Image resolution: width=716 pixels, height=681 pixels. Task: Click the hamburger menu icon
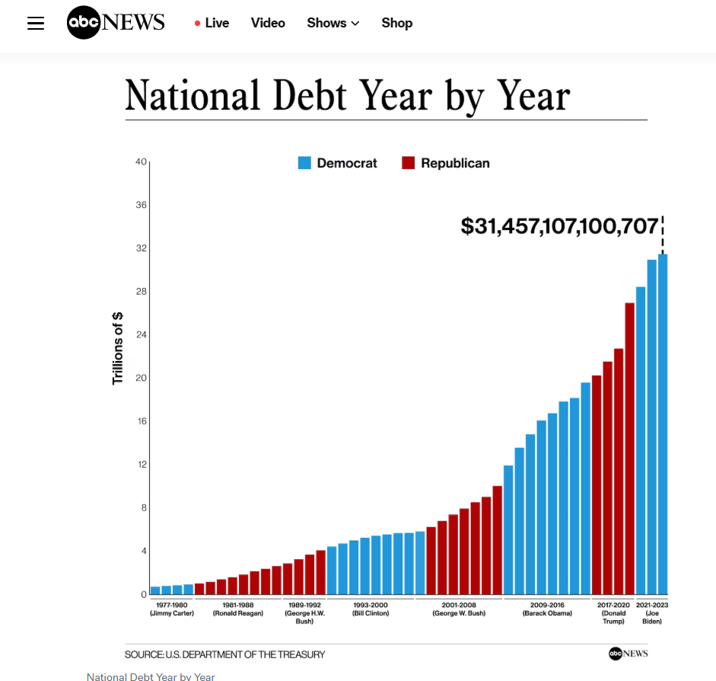click(36, 23)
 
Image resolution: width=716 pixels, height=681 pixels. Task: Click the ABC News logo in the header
click(116, 23)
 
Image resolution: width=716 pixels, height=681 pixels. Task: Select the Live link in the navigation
click(212, 23)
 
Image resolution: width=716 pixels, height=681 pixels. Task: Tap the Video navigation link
click(268, 23)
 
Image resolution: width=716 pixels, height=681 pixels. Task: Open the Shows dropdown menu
click(333, 23)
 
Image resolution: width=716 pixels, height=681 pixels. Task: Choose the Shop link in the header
click(396, 23)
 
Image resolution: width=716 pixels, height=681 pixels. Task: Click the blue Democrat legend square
click(304, 163)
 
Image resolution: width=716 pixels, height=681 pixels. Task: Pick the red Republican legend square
click(409, 163)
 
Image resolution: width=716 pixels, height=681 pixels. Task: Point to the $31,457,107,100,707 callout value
click(559, 226)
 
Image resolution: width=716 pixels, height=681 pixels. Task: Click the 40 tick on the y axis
click(141, 161)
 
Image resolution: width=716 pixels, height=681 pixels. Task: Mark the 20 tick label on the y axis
click(141, 378)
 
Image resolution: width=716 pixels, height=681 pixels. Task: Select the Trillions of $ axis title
click(118, 348)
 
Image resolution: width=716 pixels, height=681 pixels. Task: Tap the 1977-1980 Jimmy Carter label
click(171, 609)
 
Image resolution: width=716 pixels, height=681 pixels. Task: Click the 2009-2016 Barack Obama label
click(547, 609)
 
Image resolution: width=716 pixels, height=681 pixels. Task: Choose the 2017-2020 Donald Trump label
click(613, 612)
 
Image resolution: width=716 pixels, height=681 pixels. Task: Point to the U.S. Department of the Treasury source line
click(224, 654)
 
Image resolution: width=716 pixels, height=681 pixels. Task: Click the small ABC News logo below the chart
click(628, 654)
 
